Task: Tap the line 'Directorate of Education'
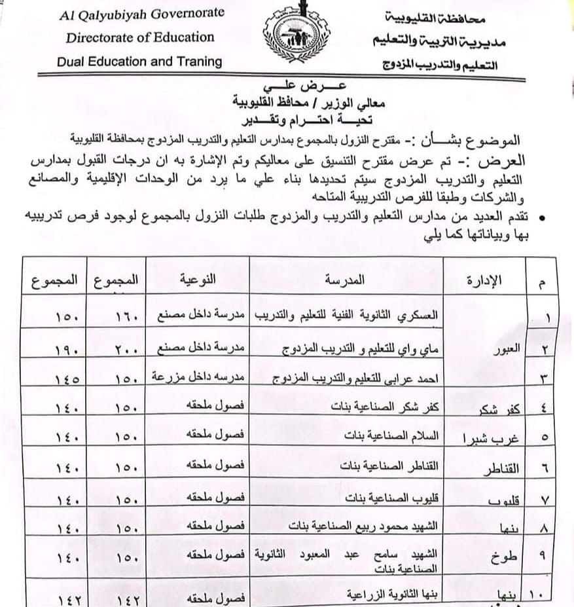pos(140,37)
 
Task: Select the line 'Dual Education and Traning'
pos(139,62)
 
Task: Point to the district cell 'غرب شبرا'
pos(486,439)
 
